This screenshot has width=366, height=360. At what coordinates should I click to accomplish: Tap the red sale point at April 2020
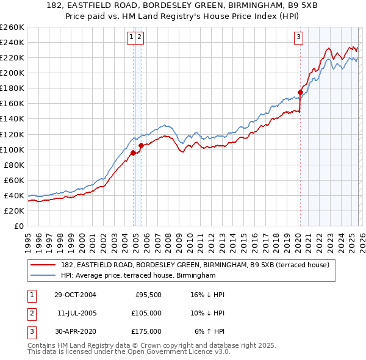click(300, 92)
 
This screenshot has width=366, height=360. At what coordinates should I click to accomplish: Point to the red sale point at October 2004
click(133, 153)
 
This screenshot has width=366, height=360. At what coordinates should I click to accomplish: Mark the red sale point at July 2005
click(141, 145)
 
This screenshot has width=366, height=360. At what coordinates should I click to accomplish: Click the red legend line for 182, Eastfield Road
click(43, 265)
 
